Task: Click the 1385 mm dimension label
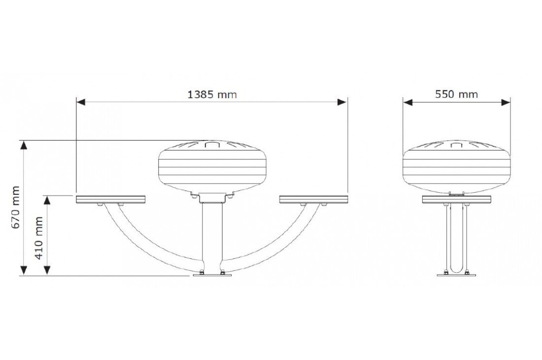212,95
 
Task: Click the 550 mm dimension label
456,94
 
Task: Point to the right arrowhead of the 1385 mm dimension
342,102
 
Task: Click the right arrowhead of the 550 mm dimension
506,102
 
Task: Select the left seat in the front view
111,199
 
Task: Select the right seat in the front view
313,199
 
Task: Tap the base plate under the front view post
212,275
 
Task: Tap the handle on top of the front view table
212,144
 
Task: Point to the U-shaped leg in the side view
456,237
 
